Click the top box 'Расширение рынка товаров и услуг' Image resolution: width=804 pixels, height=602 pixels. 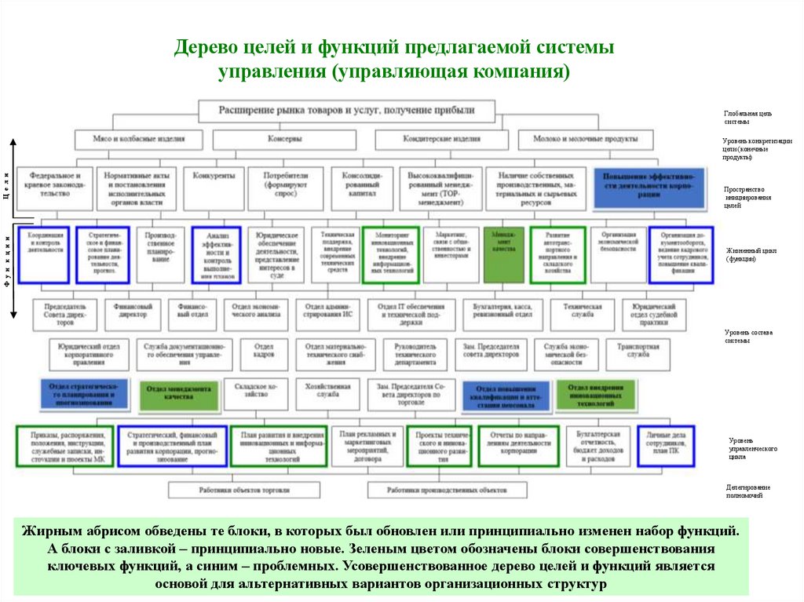pyautogui.click(x=346, y=110)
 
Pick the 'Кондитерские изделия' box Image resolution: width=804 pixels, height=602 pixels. pyautogui.click(x=441, y=139)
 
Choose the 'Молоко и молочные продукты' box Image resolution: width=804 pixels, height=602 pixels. pyautogui.click(x=593, y=139)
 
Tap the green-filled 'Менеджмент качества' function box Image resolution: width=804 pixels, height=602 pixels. pyautogui.click(x=502, y=254)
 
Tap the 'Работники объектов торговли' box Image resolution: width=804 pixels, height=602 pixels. pyautogui.click(x=244, y=490)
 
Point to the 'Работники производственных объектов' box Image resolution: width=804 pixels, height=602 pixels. pyautogui.click(x=447, y=490)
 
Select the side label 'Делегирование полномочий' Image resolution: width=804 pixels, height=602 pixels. pyautogui.click(x=747, y=491)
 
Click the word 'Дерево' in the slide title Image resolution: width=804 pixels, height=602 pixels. pyautogui.click(x=205, y=49)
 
